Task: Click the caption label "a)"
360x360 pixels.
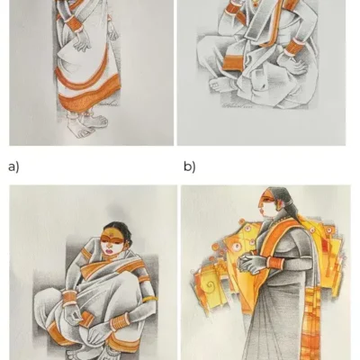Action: (13, 166)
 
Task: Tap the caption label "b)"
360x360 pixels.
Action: (189, 166)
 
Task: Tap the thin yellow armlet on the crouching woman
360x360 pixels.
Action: (149, 299)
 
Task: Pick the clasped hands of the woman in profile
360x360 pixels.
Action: (250, 264)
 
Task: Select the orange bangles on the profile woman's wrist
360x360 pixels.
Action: (275, 263)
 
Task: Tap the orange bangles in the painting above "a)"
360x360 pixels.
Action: (74, 24)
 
